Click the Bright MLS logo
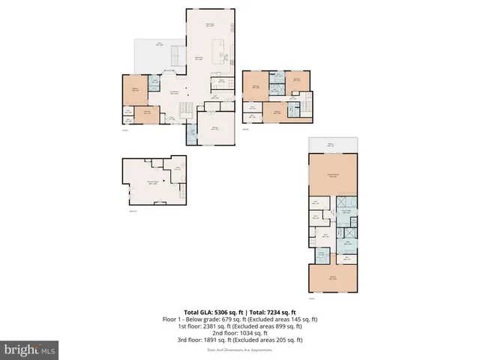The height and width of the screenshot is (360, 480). click(x=30, y=349)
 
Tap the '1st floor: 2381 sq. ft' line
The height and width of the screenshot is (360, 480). click(x=240, y=325)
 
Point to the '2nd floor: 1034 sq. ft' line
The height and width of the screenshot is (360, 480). click(x=240, y=332)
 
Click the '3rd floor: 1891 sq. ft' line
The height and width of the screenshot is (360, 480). click(x=240, y=339)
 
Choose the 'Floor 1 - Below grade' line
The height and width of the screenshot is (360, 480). click(x=240, y=319)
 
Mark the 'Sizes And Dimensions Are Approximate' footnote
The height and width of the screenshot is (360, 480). click(x=240, y=349)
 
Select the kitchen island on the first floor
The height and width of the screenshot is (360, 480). click(x=223, y=55)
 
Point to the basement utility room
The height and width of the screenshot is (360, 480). click(x=178, y=168)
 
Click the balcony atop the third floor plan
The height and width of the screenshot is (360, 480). click(x=332, y=145)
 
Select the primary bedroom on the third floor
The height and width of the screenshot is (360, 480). click(x=332, y=174)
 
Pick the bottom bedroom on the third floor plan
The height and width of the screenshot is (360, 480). click(x=332, y=279)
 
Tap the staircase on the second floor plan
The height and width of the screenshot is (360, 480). click(x=305, y=105)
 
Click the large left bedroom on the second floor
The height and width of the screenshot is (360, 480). click(x=256, y=87)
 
